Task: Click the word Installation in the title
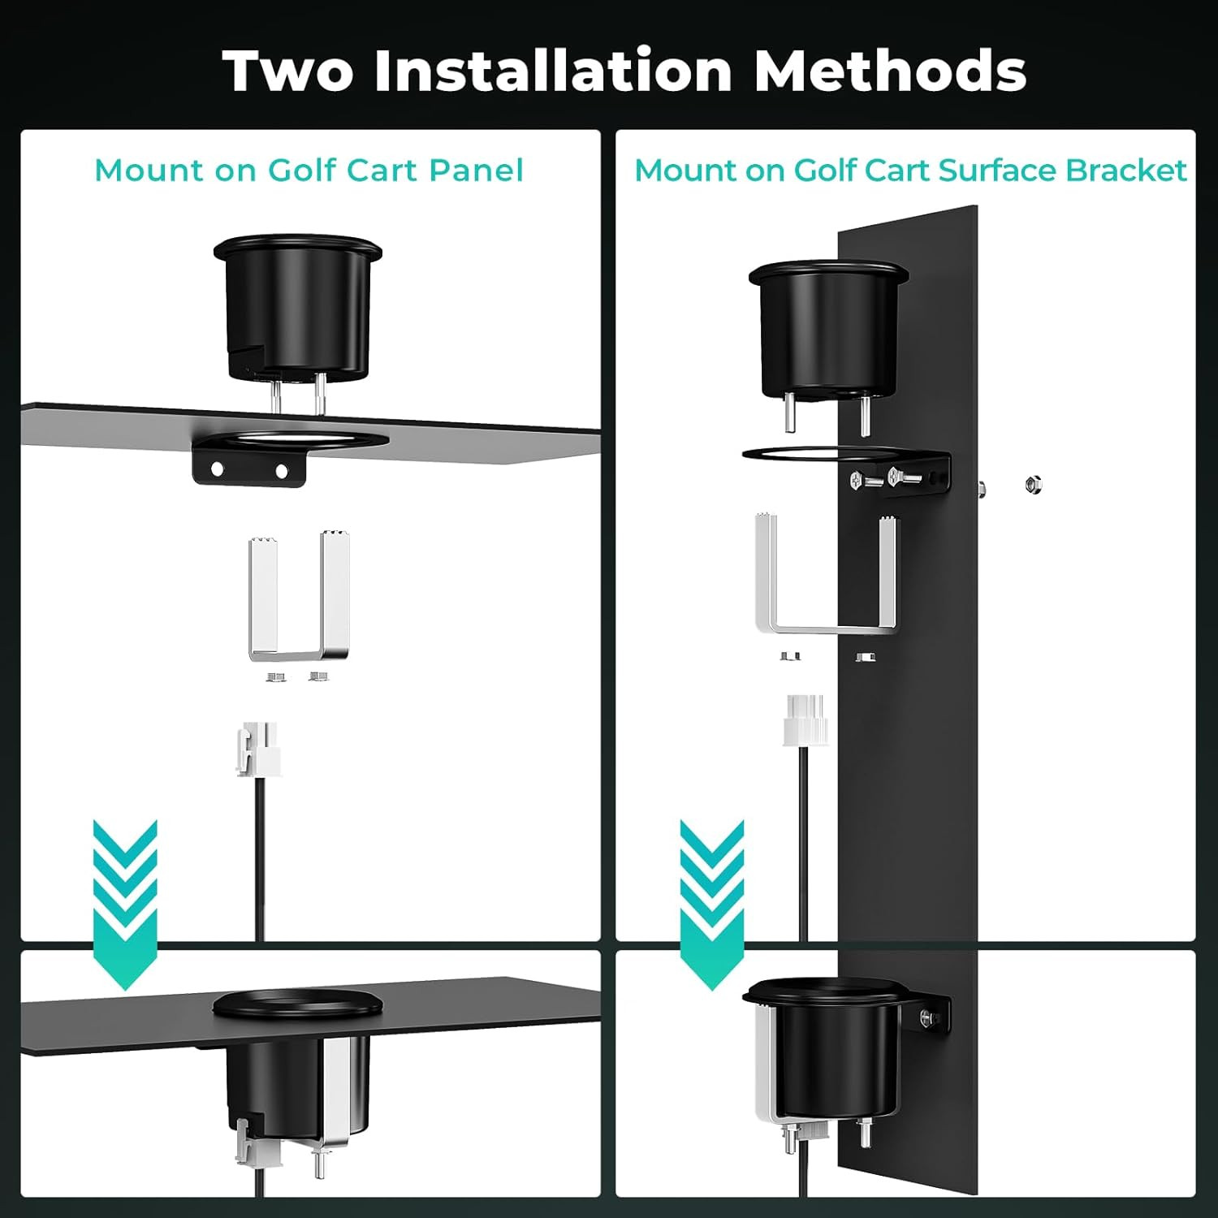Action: [x=554, y=71]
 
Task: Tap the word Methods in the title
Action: [x=890, y=71]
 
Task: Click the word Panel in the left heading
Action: [x=476, y=171]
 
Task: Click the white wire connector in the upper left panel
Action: [x=258, y=748]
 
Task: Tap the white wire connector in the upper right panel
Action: [x=805, y=719]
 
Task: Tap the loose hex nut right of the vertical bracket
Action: [x=1034, y=485]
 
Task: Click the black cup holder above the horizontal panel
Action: [x=298, y=307]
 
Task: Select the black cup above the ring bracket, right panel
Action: [x=826, y=330]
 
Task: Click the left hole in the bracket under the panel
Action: [x=218, y=469]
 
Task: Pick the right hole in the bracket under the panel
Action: [x=282, y=471]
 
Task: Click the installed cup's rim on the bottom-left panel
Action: [x=298, y=1004]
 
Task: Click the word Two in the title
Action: [x=288, y=71]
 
